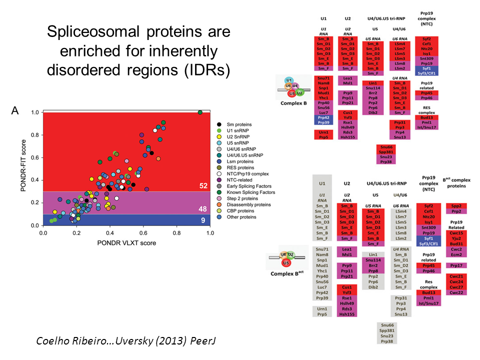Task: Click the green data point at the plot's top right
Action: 200,112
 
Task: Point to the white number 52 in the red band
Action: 203,186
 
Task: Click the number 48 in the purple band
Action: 203,209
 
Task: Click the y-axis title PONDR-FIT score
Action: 22,168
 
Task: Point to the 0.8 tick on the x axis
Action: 176,233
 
